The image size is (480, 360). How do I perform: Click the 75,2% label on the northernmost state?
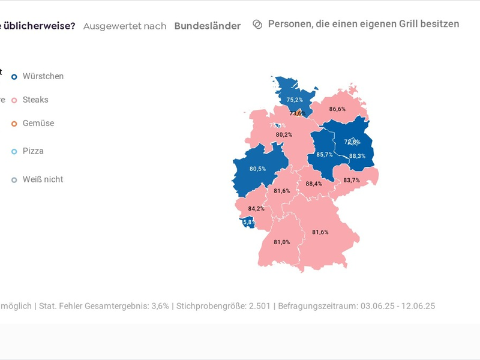pyautogui.click(x=295, y=100)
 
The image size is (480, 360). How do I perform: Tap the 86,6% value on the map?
pyautogui.click(x=337, y=109)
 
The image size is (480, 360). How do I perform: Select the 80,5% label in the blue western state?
pyautogui.click(x=257, y=169)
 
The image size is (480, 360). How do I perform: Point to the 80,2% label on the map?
pyautogui.click(x=284, y=135)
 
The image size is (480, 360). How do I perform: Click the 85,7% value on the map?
pyautogui.click(x=325, y=155)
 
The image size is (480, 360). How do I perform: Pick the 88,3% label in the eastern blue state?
pyautogui.click(x=357, y=156)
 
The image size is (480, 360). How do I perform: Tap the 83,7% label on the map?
pyautogui.click(x=352, y=181)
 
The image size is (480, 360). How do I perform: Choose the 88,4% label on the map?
pyautogui.click(x=314, y=184)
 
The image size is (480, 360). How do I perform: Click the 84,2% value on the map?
pyautogui.click(x=256, y=209)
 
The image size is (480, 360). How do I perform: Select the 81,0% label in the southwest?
pyautogui.click(x=282, y=242)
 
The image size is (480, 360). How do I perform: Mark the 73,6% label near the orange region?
pyautogui.click(x=298, y=113)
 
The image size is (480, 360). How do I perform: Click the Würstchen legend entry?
pyautogui.click(x=43, y=76)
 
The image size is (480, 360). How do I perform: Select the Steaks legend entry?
pyautogui.click(x=35, y=100)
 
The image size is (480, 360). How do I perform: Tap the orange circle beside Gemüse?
pyautogui.click(x=14, y=124)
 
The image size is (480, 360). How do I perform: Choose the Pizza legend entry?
pyautogui.click(x=33, y=151)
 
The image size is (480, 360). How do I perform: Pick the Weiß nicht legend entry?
pyautogui.click(x=43, y=179)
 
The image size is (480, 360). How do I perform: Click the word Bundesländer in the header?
pyautogui.click(x=207, y=26)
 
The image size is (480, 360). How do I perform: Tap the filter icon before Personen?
pyautogui.click(x=257, y=25)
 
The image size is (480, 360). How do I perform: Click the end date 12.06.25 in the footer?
pyautogui.click(x=416, y=306)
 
